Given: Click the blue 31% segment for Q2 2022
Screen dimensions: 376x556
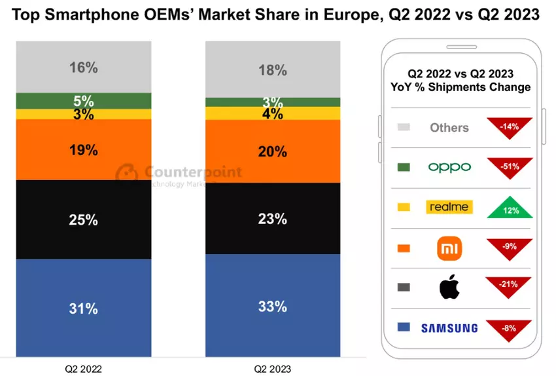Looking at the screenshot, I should (x=84, y=308).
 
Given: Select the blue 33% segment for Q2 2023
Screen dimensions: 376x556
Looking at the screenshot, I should (x=273, y=305).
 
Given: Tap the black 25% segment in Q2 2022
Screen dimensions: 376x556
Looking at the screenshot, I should (x=84, y=219).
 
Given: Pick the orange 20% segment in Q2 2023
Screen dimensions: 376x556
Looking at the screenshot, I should (x=273, y=151).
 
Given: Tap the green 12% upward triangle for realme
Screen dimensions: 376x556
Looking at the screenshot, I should (x=510, y=206).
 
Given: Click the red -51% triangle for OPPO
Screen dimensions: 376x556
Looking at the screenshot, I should (x=510, y=166).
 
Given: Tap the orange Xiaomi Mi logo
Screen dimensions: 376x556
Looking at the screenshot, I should (x=449, y=248).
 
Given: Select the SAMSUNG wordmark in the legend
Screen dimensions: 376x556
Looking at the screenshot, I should (x=449, y=328).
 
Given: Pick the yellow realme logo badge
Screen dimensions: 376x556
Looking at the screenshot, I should (x=449, y=207).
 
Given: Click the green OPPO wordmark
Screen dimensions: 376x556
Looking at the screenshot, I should (x=449, y=167).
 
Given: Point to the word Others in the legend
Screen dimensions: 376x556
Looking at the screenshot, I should (x=449, y=128).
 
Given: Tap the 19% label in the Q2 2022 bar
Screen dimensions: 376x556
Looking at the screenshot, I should (x=84, y=150).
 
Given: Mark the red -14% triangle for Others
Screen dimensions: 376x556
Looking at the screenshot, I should (x=510, y=126).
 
